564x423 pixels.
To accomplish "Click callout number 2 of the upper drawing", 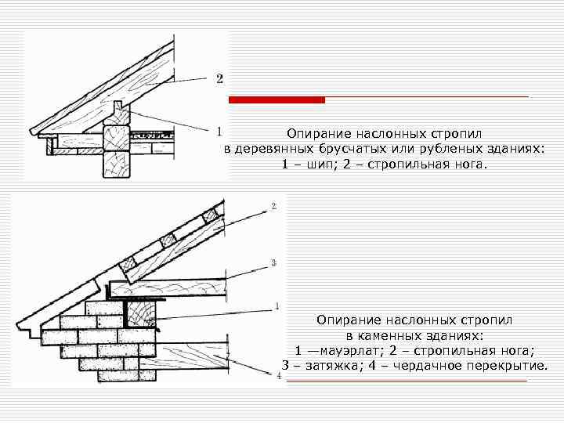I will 219,78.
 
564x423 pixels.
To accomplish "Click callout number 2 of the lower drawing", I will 273,206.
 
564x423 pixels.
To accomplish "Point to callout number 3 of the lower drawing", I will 273,263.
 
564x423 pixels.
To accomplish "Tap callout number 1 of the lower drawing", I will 277,305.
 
